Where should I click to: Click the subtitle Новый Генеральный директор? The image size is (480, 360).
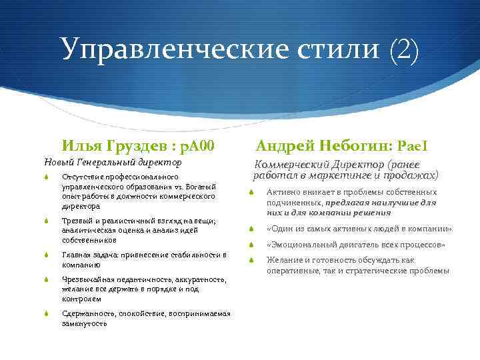(112, 162)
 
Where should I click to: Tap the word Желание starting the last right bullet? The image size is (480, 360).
(283, 260)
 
